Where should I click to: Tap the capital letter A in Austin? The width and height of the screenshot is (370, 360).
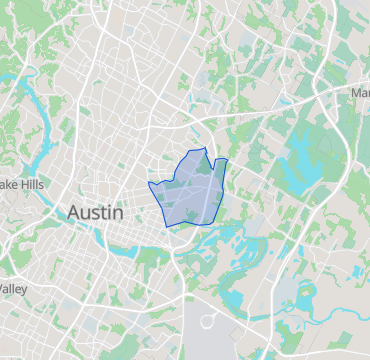pyautogui.click(x=74, y=213)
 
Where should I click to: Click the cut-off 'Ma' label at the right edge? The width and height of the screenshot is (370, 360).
pyautogui.click(x=360, y=93)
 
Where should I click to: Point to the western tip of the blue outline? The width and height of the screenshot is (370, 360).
pyautogui.click(x=149, y=183)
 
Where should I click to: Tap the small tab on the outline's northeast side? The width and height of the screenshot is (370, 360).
pyautogui.click(x=222, y=161)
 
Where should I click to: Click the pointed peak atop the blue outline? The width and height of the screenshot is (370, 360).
pyautogui.click(x=204, y=148)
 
